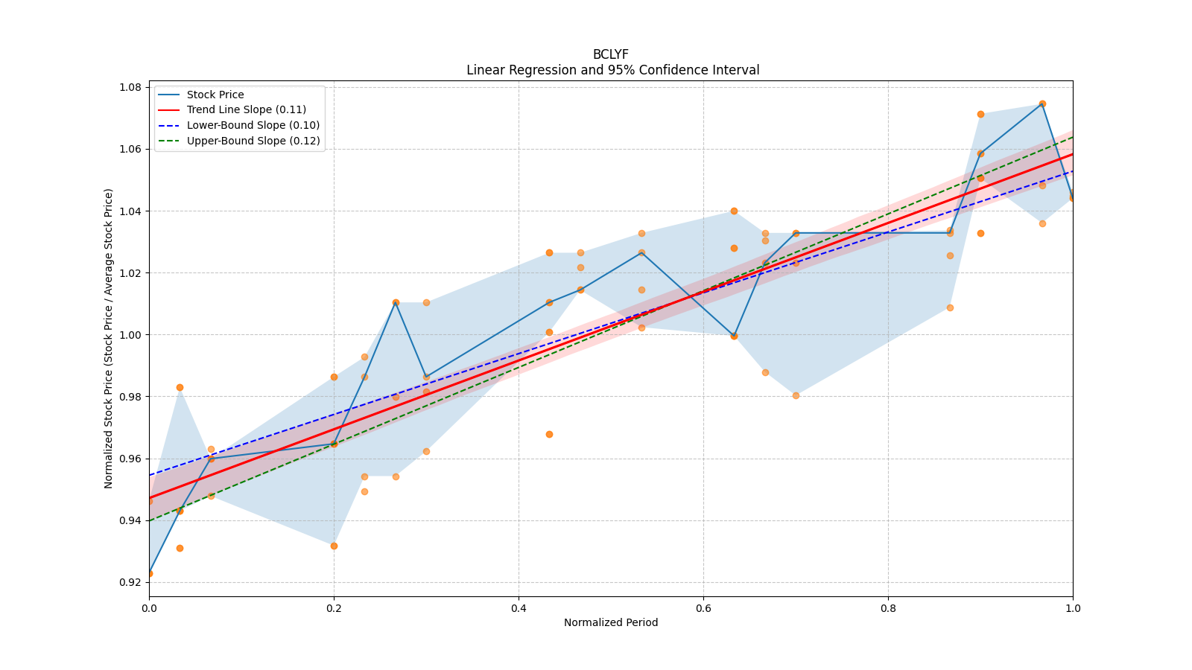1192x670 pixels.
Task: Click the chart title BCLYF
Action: (x=610, y=54)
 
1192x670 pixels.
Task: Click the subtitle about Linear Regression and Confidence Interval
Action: (x=612, y=70)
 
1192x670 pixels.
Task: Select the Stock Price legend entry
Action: (x=215, y=95)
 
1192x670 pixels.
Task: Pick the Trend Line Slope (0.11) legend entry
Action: (x=246, y=109)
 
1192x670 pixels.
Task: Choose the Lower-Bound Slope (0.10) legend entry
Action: (x=253, y=125)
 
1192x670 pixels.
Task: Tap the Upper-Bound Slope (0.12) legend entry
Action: (x=253, y=141)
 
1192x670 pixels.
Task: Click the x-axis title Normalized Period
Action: (x=610, y=622)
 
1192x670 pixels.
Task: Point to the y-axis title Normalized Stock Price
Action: (x=109, y=338)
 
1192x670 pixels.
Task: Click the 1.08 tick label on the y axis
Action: (x=130, y=87)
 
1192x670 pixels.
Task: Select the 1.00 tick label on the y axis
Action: (x=130, y=334)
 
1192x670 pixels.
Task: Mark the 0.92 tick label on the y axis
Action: (x=130, y=582)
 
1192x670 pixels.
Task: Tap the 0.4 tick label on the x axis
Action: (x=519, y=608)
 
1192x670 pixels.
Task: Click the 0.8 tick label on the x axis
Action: (x=888, y=608)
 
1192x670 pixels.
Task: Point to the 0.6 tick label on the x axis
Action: (x=703, y=608)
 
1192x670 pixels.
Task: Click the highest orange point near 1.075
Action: (x=1042, y=103)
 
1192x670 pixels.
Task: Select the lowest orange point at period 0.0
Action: (x=150, y=573)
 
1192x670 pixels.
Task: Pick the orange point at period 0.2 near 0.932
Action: (x=334, y=546)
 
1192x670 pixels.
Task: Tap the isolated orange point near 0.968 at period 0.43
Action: (x=549, y=434)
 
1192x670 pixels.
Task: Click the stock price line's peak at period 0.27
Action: (x=396, y=302)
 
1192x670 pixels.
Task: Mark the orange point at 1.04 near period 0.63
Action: (x=734, y=211)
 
